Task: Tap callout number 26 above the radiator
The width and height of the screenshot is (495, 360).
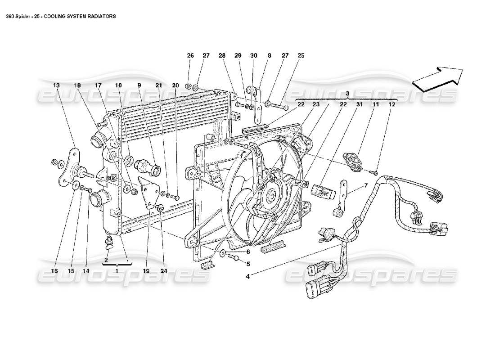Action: [x=190, y=55]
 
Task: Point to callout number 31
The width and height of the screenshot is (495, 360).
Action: [x=359, y=104]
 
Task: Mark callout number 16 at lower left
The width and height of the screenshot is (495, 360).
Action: [x=55, y=271]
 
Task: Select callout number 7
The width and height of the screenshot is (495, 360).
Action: [x=366, y=185]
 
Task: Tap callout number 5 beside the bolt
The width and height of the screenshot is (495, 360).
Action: [x=247, y=264]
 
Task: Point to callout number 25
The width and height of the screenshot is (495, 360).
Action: [x=301, y=55]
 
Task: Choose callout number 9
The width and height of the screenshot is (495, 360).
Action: [x=139, y=85]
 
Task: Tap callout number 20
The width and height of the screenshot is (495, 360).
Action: [x=175, y=85]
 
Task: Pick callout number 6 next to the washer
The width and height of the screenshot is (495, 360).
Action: [x=247, y=252]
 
